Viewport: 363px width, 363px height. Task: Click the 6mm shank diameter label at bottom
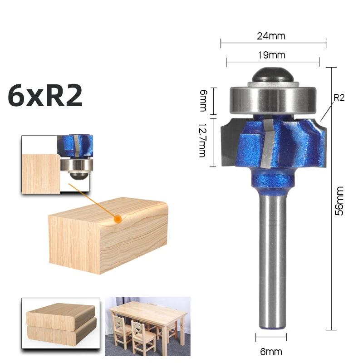[x=271, y=351]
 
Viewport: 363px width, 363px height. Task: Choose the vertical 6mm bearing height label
[x=203, y=100]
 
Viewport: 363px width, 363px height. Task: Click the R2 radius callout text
[x=339, y=98]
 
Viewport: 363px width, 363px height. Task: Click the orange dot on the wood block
[x=118, y=219]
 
